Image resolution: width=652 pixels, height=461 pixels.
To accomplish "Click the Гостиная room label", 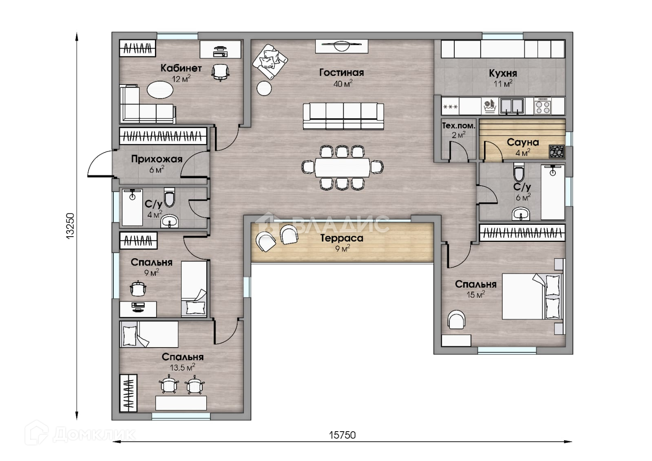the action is click(x=341, y=73).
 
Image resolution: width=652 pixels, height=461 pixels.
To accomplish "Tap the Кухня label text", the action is click(x=503, y=73).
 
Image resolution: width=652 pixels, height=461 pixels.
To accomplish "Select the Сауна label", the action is click(x=523, y=142).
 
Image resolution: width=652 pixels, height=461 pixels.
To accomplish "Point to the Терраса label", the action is click(x=342, y=238).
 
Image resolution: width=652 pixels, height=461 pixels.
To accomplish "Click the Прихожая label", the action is click(x=157, y=159).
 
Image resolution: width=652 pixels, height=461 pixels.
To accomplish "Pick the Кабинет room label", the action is click(x=181, y=68).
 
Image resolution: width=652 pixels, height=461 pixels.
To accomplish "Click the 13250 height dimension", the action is click(x=71, y=226).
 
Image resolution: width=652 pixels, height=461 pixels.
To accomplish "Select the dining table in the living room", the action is click(x=342, y=167).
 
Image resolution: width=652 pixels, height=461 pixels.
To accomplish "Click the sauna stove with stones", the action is click(x=557, y=151).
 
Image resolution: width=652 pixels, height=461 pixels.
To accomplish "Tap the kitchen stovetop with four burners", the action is click(x=543, y=106).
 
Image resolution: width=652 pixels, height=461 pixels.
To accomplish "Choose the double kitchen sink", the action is click(x=512, y=106).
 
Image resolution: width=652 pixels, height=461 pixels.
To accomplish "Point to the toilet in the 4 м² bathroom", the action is click(x=169, y=197).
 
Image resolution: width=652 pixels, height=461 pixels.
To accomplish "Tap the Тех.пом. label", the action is click(x=458, y=126).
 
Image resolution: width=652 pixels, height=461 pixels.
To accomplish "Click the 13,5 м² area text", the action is click(x=183, y=367).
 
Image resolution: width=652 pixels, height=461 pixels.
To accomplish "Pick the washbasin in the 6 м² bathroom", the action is click(x=521, y=214).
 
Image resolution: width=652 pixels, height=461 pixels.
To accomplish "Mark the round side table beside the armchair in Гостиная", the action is click(x=264, y=88).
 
